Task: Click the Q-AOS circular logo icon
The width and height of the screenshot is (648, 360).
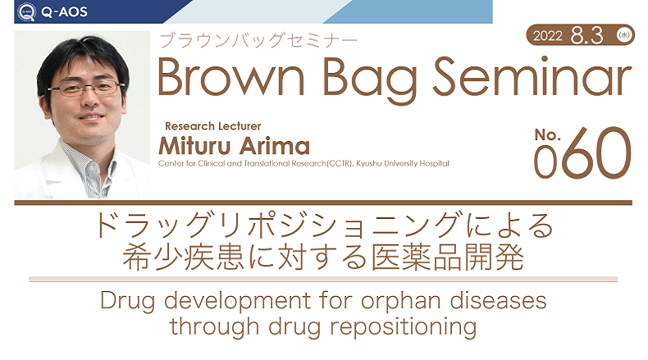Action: [x=26, y=11]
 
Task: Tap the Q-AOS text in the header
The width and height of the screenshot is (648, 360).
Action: [x=65, y=12]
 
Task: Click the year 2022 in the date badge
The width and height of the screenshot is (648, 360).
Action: [x=548, y=36]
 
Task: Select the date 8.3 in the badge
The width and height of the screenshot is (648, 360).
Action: [x=586, y=35]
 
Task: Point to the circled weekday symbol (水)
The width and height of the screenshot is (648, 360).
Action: [x=623, y=35]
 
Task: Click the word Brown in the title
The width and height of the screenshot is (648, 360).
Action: [x=231, y=77]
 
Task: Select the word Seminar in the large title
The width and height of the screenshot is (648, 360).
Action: [x=532, y=76]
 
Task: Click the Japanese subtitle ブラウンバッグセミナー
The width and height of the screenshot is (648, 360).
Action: [x=258, y=41]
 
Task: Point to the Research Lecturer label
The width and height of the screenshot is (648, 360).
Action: [x=212, y=126]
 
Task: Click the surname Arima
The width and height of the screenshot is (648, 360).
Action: [x=275, y=146]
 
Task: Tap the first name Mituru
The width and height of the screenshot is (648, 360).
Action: [x=196, y=146]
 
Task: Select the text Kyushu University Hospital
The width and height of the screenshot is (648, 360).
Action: [x=403, y=164]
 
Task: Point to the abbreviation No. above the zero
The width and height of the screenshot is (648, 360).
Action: [x=547, y=134]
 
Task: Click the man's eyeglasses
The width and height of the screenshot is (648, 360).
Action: [x=85, y=88]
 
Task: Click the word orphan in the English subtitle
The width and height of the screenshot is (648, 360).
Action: [x=401, y=302]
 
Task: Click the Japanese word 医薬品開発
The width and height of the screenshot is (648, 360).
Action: [x=448, y=257]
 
